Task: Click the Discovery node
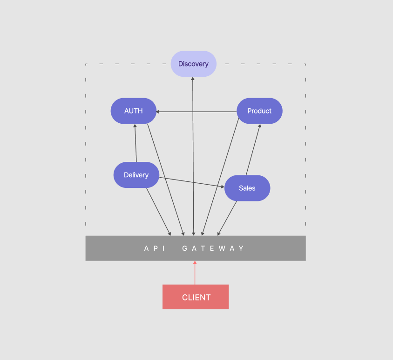click(x=193, y=64)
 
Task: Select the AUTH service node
click(x=133, y=111)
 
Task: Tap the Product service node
click(x=259, y=111)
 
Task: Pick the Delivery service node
click(x=136, y=175)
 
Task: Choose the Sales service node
click(x=247, y=188)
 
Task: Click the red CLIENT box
click(x=196, y=297)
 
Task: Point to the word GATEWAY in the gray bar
click(x=213, y=248)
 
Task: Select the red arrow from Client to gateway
click(x=195, y=273)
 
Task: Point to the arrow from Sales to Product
click(x=253, y=150)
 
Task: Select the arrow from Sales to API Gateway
click(x=227, y=218)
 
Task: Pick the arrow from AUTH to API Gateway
click(x=165, y=179)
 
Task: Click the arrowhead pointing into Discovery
click(x=193, y=79)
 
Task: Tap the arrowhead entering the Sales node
click(x=222, y=187)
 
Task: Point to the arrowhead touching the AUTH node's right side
click(x=158, y=112)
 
